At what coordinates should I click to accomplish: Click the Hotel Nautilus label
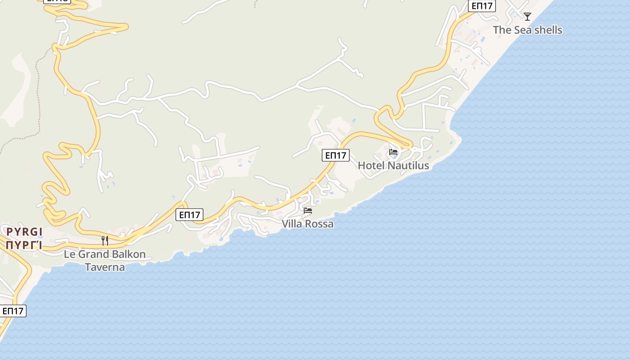click(393, 166)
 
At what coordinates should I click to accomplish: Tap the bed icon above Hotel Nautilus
click(393, 152)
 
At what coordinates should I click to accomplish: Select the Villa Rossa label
click(308, 224)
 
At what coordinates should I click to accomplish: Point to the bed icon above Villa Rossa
click(308, 210)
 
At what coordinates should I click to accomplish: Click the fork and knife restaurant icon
click(105, 241)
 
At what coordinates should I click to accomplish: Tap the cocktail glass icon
click(527, 17)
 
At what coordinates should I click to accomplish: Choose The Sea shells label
click(527, 30)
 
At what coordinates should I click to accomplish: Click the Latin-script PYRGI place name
click(24, 232)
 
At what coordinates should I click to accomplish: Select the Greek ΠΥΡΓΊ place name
click(24, 245)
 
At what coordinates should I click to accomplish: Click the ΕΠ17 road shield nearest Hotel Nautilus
click(336, 155)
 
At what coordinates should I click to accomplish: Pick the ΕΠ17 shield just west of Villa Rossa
click(189, 215)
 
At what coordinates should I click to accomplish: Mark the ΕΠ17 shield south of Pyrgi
click(13, 311)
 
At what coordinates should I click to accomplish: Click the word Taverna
click(105, 267)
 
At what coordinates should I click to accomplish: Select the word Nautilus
click(408, 166)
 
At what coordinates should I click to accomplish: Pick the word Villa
click(291, 224)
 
